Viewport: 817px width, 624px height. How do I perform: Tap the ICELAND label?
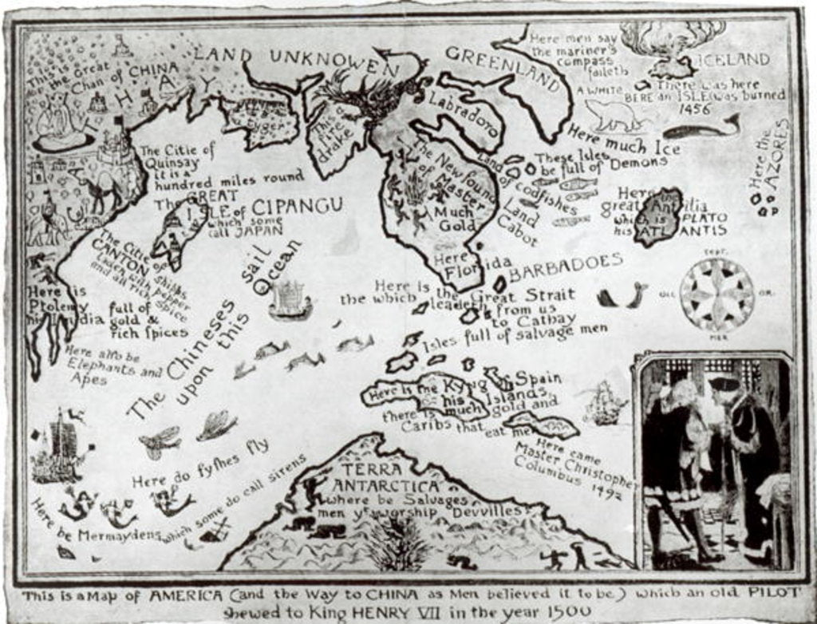(734, 59)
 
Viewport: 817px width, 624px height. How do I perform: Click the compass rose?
(716, 294)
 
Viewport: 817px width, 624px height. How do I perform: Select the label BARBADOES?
(566, 263)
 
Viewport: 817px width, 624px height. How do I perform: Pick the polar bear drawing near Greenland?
(614, 116)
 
